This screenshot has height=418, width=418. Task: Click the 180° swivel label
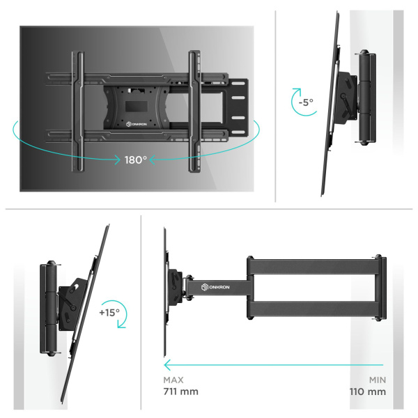pyautogui.click(x=136, y=160)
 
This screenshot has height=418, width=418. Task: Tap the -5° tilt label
pyautogui.click(x=305, y=102)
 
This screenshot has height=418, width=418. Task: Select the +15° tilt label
pyautogui.click(x=109, y=313)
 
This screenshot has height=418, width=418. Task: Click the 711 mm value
pyautogui.click(x=180, y=392)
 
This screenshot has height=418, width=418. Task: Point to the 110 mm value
pyautogui.click(x=367, y=392)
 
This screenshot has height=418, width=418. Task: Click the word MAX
pyautogui.click(x=174, y=380)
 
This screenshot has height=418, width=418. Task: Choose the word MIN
pyautogui.click(x=376, y=380)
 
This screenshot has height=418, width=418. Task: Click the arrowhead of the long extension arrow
pyautogui.click(x=167, y=364)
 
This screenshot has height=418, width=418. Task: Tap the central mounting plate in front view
pyautogui.click(x=132, y=104)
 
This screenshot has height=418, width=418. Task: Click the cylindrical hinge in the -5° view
pyautogui.click(x=368, y=98)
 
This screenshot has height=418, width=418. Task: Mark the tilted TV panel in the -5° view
pyautogui.click(x=331, y=104)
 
